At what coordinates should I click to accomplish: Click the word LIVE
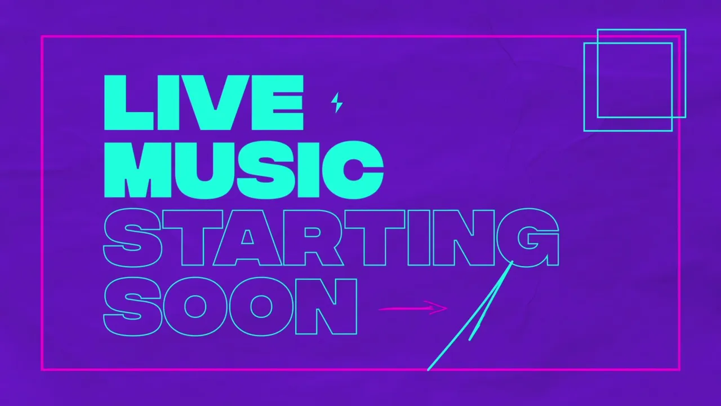204,103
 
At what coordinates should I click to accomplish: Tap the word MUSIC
244,170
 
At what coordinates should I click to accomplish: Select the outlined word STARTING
331,238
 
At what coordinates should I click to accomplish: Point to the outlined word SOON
230,306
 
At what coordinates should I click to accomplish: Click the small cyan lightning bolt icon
337,103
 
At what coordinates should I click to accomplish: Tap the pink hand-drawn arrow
413,308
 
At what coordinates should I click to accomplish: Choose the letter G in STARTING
528,238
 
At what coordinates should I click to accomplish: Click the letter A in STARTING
247,238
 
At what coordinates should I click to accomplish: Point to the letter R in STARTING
314,238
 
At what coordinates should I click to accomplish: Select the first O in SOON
195,306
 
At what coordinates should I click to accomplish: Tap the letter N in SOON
326,307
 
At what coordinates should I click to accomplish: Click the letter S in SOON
132,306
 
